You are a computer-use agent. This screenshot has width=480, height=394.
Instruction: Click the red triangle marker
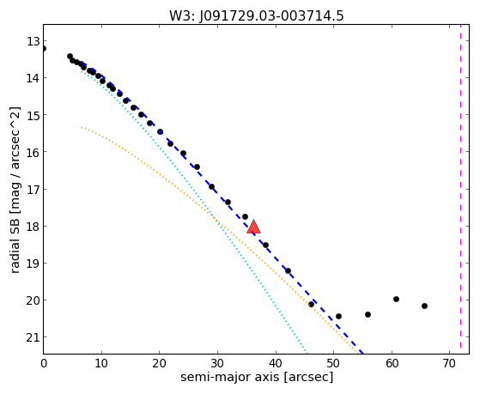point(254,227)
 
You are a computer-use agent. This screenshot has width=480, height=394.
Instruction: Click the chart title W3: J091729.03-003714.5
point(257,15)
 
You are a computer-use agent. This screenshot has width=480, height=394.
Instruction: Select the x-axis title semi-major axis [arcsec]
point(257,377)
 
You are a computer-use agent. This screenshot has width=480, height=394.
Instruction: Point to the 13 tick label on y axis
point(33,41)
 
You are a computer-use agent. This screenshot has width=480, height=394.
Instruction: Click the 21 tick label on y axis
point(33,337)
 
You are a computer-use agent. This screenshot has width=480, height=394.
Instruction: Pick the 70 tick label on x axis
point(450,363)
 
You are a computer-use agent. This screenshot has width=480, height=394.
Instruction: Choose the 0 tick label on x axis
point(44,363)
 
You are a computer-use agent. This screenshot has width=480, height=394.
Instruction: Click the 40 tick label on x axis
point(276,363)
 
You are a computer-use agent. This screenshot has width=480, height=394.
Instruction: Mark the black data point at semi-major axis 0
point(44,48)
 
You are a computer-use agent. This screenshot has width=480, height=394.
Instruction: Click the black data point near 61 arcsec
point(396,299)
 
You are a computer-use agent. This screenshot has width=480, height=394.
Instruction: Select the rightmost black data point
point(424,306)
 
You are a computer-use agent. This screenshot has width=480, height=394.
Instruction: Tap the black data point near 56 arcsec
point(368,314)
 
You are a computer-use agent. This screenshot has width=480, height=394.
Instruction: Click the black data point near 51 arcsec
point(338,316)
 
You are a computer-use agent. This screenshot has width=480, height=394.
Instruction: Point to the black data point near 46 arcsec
point(311,305)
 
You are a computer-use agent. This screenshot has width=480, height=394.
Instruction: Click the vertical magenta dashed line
point(461,189)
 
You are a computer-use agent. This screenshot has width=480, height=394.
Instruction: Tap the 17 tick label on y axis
point(33,189)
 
